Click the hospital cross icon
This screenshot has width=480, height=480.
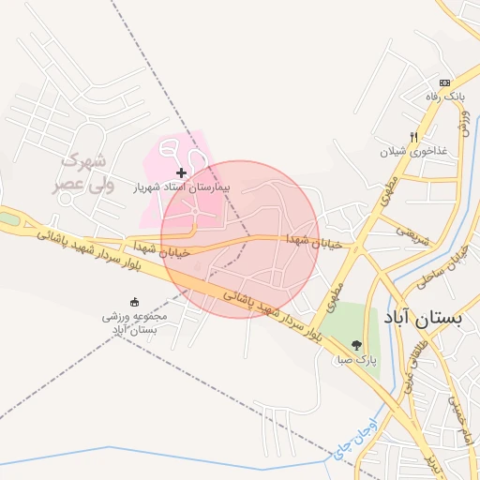point(181,172)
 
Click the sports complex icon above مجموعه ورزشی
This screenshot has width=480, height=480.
point(134,302)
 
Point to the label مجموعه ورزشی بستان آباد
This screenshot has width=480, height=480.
point(135,322)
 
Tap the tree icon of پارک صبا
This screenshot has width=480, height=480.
point(356,343)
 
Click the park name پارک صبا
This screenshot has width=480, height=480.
point(357,358)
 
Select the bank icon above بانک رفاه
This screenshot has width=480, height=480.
point(445,82)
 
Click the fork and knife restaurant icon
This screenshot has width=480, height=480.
point(413,137)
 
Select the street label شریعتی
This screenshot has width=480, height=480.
point(412,234)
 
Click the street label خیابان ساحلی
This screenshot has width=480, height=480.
point(445,265)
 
